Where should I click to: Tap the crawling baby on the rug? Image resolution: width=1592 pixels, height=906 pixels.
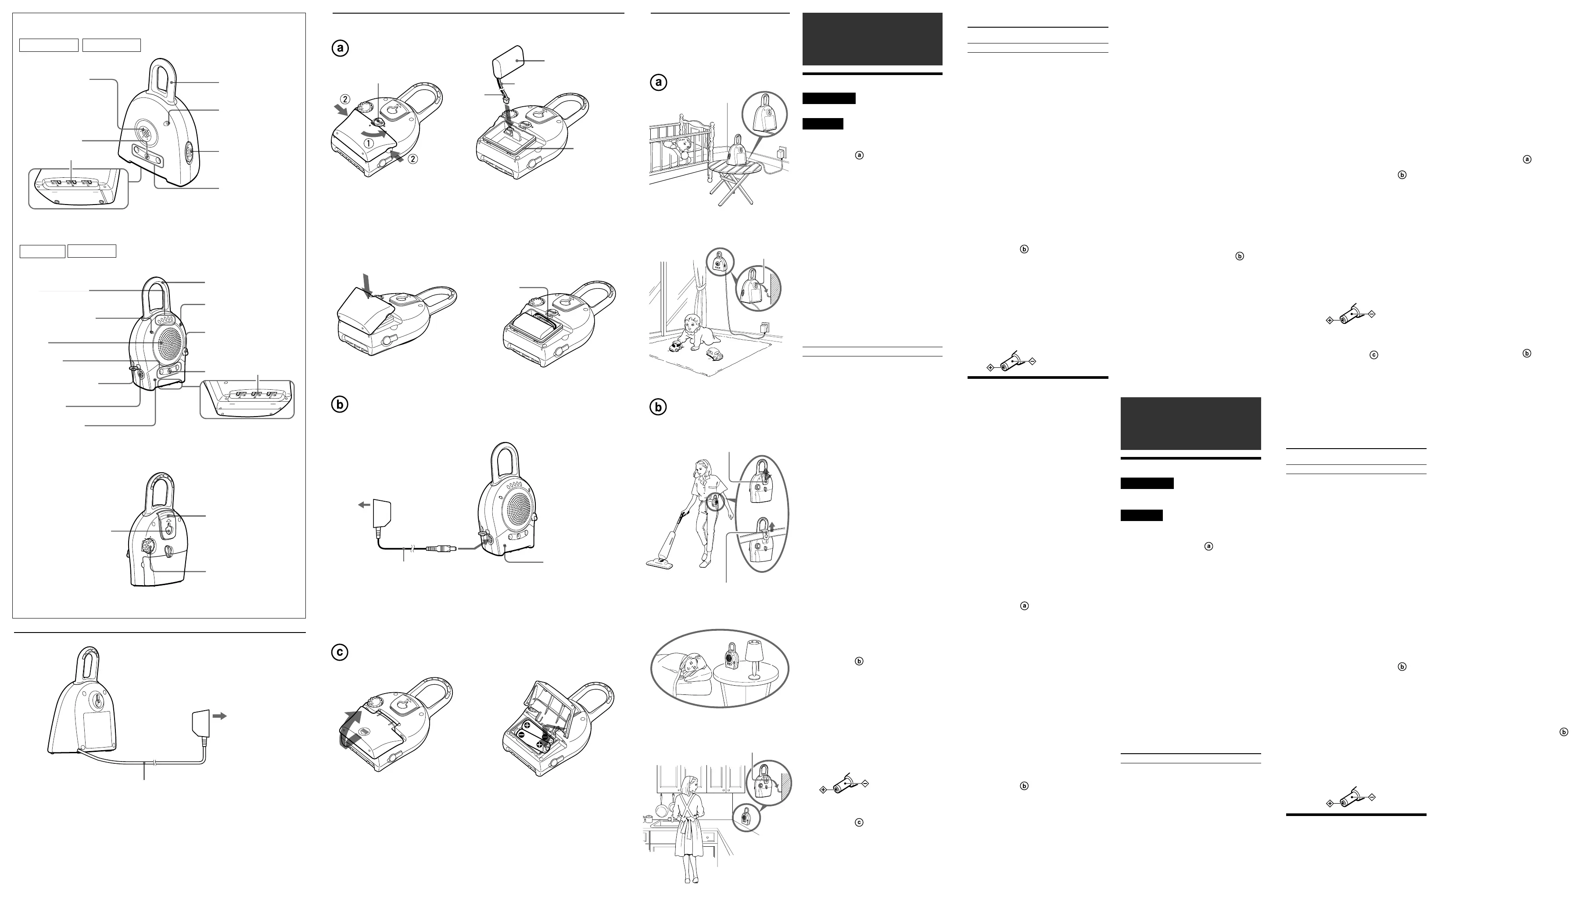point(692,335)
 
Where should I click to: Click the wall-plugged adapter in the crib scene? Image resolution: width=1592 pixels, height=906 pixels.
point(782,152)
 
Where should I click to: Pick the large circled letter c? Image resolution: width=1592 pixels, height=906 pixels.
point(340,652)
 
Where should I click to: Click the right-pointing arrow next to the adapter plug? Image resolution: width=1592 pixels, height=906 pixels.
point(219,716)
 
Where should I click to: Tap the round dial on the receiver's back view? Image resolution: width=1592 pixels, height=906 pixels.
point(148,546)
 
